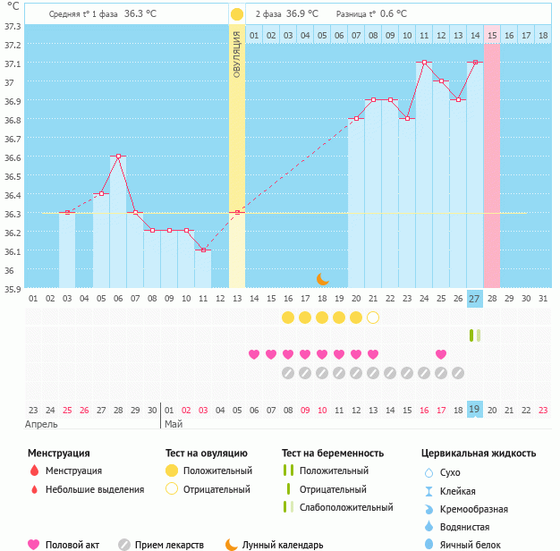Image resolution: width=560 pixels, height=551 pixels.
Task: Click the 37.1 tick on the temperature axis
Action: tap(13, 64)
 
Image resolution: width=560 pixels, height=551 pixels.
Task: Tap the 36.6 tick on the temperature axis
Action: tap(13, 157)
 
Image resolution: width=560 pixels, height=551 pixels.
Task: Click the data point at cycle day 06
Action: tap(118, 157)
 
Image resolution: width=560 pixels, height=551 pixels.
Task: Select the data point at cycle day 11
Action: tap(204, 250)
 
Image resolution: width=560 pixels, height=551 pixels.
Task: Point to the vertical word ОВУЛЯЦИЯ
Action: tap(237, 53)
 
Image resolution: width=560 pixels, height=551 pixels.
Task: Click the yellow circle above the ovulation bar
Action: tap(236, 14)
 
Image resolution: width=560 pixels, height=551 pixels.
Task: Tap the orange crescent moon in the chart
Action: tap(322, 278)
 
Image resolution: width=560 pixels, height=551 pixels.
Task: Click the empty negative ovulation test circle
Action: tap(373, 318)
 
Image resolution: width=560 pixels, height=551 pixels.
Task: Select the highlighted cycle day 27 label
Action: tap(475, 298)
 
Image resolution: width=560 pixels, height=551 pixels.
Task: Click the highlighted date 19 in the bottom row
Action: tap(475, 409)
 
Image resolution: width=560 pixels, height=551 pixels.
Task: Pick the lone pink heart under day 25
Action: tap(441, 354)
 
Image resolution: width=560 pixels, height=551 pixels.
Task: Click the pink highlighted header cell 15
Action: tap(492, 35)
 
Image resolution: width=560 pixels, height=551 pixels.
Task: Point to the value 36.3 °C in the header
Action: tap(141, 14)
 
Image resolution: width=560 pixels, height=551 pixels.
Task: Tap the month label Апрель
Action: tap(42, 424)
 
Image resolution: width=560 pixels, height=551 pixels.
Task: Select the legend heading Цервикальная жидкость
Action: tap(479, 453)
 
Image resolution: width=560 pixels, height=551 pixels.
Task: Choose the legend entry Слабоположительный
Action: tap(345, 507)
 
